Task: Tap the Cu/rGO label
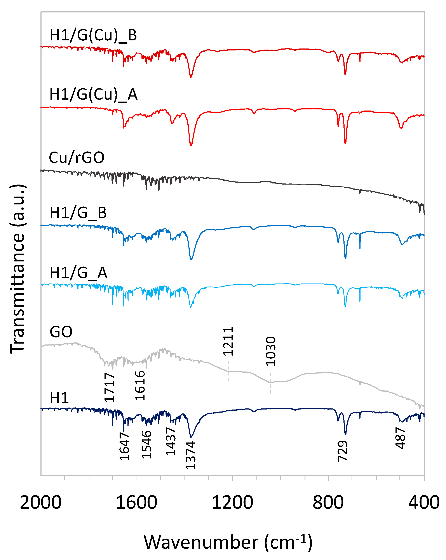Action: tap(77, 157)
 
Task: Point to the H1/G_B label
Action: tap(78, 213)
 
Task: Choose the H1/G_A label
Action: tap(78, 273)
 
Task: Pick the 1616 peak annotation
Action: tap(140, 385)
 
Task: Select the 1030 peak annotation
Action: tap(270, 351)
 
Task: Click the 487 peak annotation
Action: tap(400, 438)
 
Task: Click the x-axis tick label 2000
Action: tap(41, 502)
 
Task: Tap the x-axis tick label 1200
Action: tap(232, 502)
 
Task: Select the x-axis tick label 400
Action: tap(424, 502)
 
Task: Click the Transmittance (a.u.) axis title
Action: tap(17, 269)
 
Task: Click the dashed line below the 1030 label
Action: tap(271, 383)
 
